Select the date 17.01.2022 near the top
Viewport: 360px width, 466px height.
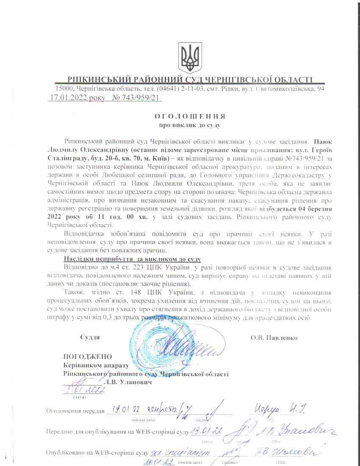click(72, 98)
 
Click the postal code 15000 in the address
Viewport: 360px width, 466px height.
click(64, 89)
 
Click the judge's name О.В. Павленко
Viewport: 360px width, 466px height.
click(274, 338)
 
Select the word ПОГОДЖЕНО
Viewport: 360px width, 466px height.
click(88, 357)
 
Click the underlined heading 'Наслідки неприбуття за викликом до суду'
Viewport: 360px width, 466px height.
click(132, 259)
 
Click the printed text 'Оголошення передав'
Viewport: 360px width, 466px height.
click(75, 411)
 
